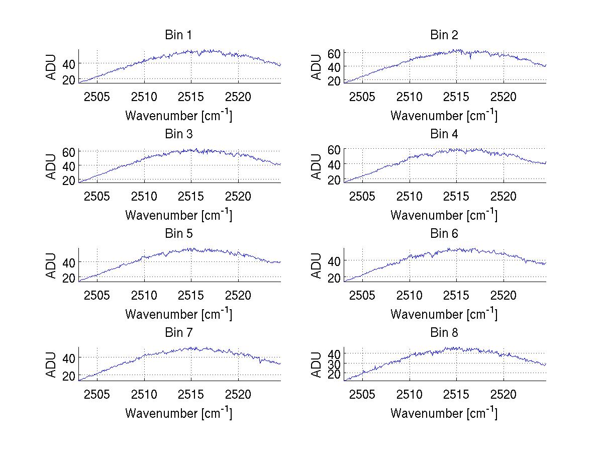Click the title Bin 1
tap(178, 35)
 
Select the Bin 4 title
tap(444, 134)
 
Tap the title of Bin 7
tap(178, 333)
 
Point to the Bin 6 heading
tap(444, 234)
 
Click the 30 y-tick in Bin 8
tap(334, 364)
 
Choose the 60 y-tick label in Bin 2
tap(334, 53)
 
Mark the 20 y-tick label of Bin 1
tap(69, 79)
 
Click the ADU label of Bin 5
tap(52, 265)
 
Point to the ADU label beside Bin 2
tap(317, 67)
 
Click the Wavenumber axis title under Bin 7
tap(178, 413)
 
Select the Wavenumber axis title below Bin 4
tap(444, 214)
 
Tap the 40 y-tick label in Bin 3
tap(69, 166)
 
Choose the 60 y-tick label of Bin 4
tap(334, 149)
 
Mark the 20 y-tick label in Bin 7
tap(69, 376)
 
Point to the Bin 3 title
tap(178, 134)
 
